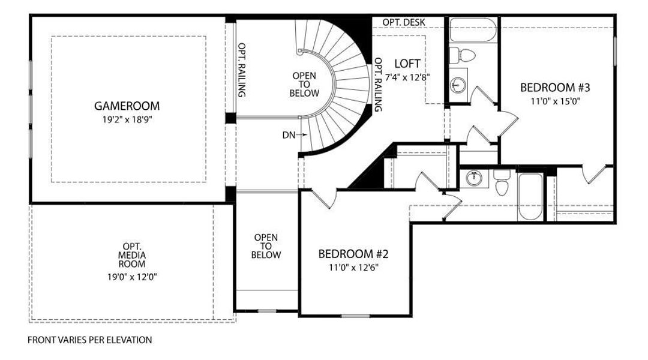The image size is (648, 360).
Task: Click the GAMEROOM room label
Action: click(x=127, y=106)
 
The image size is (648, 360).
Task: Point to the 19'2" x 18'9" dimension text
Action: click(x=127, y=119)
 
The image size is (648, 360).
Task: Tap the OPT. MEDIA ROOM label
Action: click(x=132, y=256)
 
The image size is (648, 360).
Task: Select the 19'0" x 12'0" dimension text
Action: click(x=132, y=277)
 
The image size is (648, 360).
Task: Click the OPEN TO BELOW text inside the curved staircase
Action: click(x=304, y=85)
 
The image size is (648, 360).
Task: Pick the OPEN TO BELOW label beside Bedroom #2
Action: click(x=266, y=247)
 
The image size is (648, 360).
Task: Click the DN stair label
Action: click(x=289, y=135)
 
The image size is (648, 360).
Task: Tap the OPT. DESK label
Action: click(x=404, y=22)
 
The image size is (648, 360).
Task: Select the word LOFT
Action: click(x=407, y=64)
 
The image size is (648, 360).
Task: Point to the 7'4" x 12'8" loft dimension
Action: click(x=407, y=77)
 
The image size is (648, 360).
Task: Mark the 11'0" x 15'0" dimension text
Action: click(x=556, y=101)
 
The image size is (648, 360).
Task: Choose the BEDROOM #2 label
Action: click(x=354, y=254)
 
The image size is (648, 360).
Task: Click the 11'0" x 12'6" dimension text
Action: click(x=354, y=267)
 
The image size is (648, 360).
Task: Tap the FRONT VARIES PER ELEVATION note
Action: click(x=90, y=340)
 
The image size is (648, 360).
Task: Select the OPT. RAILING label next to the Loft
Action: click(x=378, y=85)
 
